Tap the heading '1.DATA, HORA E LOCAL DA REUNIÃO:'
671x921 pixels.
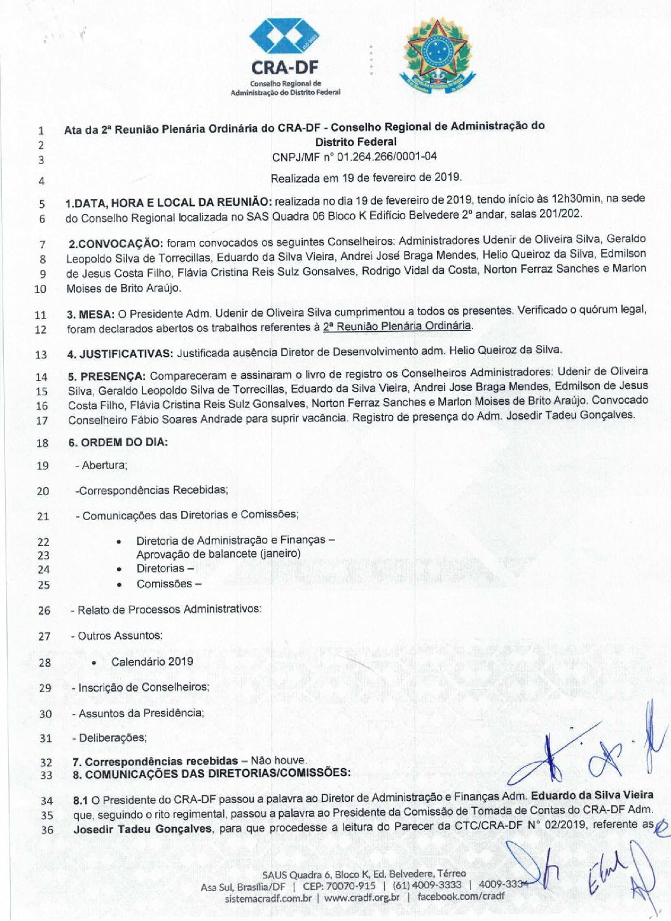pos(169,203)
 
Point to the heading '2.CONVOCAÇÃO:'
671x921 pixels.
pos(116,243)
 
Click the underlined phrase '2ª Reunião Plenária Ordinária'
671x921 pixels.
pos(398,326)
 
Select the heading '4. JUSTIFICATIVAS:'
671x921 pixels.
pos(120,354)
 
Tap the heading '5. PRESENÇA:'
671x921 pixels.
pos(107,376)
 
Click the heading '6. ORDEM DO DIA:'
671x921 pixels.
pos(118,442)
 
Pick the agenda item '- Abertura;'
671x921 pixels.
pos(101,465)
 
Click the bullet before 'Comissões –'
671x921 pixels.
pos(120,585)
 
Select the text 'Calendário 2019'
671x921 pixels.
pos(152,662)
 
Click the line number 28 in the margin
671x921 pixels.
pos(45,662)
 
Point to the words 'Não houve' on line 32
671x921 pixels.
pos(278,760)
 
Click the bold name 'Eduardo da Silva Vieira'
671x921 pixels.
pos(591,795)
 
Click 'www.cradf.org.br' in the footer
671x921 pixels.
pos(362,897)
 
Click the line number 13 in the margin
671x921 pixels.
pos(41,355)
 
